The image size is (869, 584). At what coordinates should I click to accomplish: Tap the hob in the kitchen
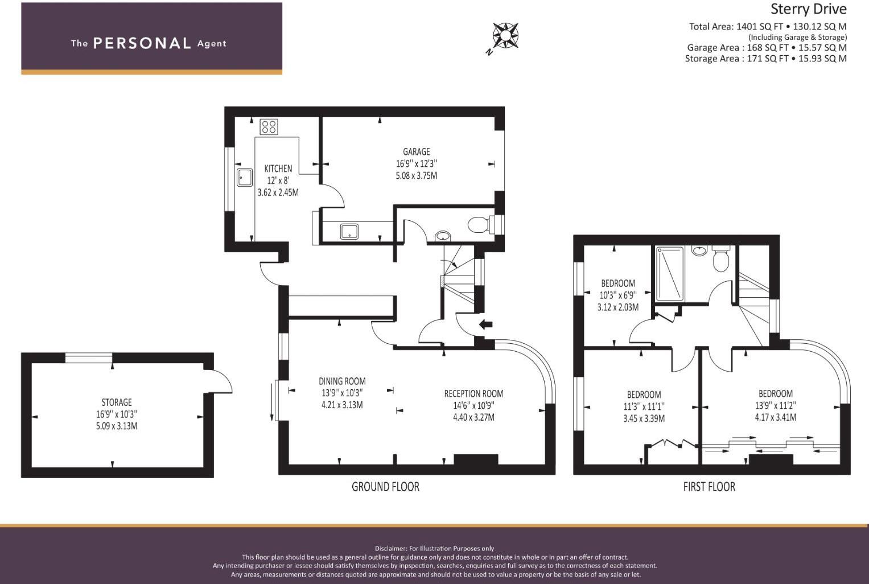tap(269, 127)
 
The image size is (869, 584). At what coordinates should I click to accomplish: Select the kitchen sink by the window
tap(245, 177)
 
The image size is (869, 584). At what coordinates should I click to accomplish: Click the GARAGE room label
tap(416, 152)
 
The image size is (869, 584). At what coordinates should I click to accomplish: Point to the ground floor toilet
tap(479, 224)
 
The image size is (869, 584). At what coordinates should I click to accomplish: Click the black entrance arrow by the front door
tap(485, 324)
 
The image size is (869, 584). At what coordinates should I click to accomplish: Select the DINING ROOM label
tap(342, 381)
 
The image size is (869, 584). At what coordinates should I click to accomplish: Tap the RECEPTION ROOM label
tap(473, 393)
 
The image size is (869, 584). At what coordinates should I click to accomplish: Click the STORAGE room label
tap(117, 402)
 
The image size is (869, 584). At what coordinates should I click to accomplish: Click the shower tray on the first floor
tap(669, 274)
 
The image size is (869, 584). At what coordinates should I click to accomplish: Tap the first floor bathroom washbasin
tap(699, 250)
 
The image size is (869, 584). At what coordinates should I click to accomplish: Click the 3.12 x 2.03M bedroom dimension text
tap(617, 307)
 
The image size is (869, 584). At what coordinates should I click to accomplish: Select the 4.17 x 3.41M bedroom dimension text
tap(775, 417)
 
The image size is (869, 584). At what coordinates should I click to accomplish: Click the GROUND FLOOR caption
tap(385, 487)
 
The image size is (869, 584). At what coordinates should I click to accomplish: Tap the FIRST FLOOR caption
tap(709, 487)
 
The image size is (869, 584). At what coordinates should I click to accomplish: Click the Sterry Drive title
tap(808, 9)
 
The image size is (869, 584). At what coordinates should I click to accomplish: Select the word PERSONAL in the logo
tap(142, 43)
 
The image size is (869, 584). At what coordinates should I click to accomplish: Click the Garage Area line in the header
tap(766, 48)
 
